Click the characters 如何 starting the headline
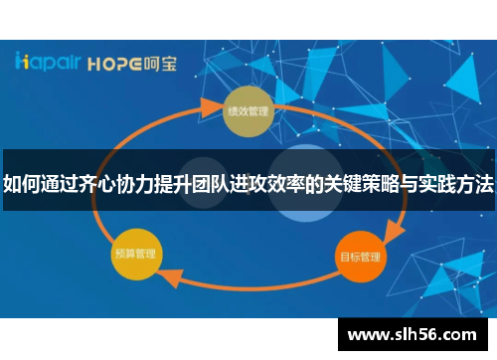click(21, 184)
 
